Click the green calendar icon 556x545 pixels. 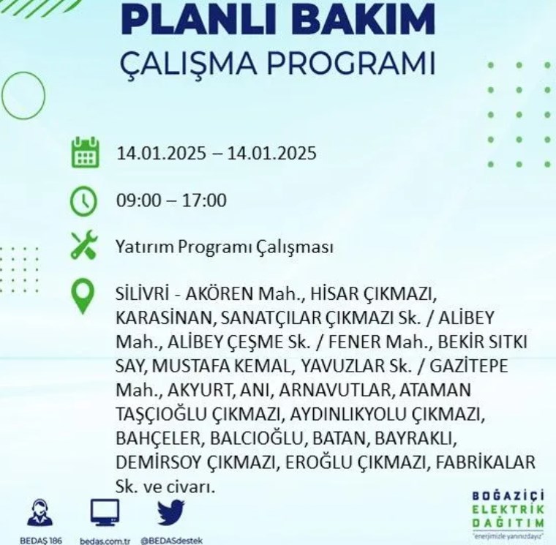[x=85, y=152]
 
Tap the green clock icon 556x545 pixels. [x=83, y=201]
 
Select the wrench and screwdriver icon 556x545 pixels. [x=83, y=244]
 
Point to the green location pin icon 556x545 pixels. [x=83, y=296]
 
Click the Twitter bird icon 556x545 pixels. [x=171, y=512]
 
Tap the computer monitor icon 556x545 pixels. [x=105, y=512]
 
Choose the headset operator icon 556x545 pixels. [x=40, y=512]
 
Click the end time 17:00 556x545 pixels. [x=204, y=200]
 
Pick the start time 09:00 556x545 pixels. [x=139, y=200]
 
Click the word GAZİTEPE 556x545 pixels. [x=469, y=366]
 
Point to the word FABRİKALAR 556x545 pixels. [x=485, y=462]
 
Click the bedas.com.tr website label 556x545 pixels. [x=105, y=541]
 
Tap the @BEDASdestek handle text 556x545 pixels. [x=172, y=541]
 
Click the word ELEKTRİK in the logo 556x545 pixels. [x=508, y=510]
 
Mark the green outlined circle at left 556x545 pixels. [x=23, y=95]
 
